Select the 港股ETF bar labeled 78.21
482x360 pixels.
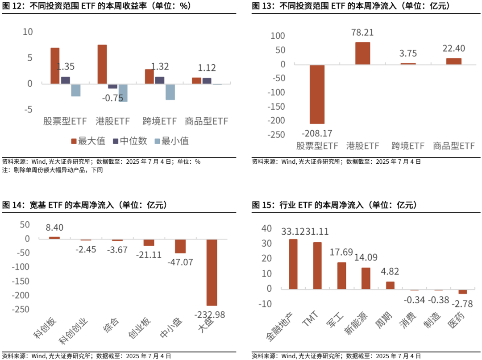click(362, 53)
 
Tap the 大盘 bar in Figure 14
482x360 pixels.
click(212, 272)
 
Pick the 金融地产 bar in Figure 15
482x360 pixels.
click(293, 264)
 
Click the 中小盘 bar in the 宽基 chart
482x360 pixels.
click(180, 246)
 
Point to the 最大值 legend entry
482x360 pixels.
click(88, 141)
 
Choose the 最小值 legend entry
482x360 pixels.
click(171, 141)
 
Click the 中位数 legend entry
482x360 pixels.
click(130, 141)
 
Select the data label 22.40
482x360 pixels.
click(454, 48)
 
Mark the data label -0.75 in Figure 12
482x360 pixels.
click(112, 98)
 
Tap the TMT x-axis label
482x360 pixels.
click(310, 321)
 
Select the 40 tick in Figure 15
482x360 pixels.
click(267, 228)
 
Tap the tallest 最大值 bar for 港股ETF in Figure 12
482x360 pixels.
click(102, 64)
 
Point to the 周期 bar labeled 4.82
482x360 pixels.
click(390, 285)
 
